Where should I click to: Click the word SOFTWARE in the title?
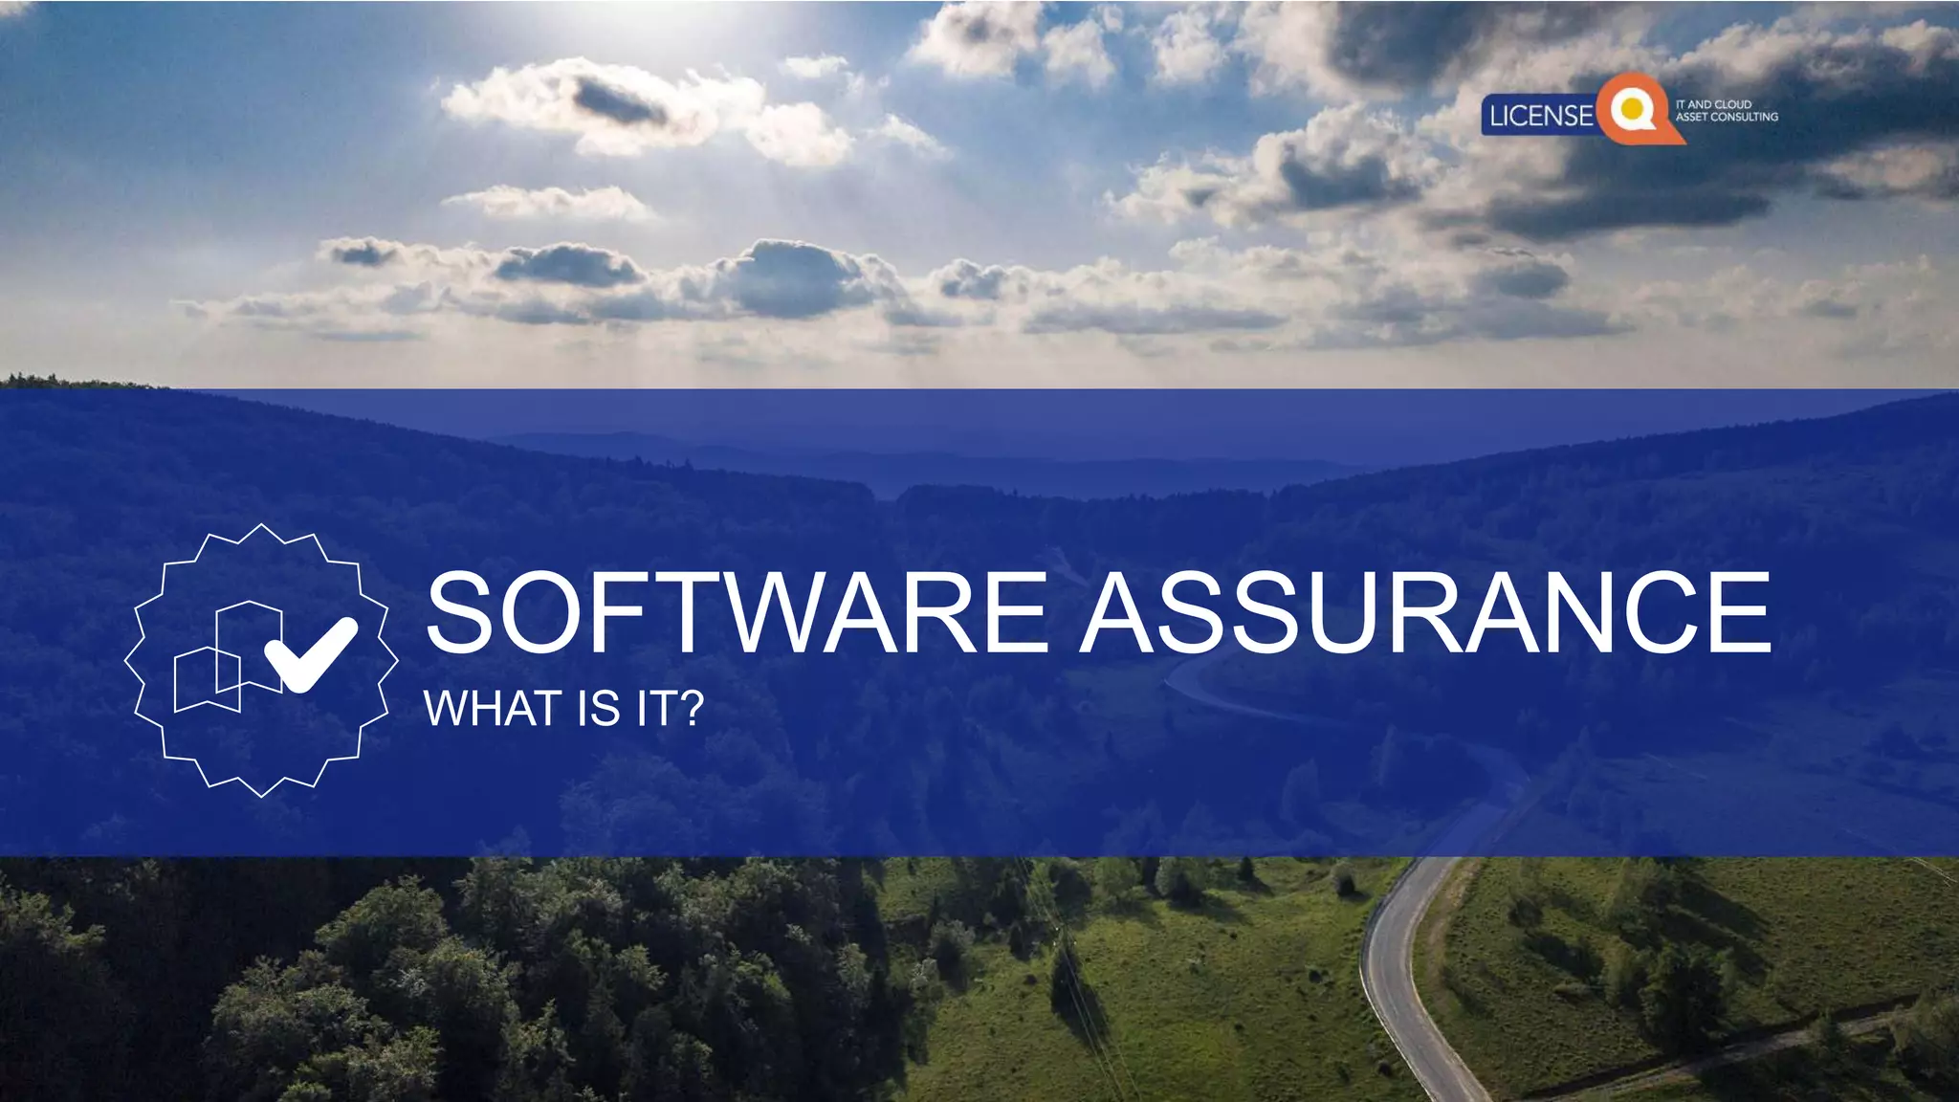pyautogui.click(x=737, y=612)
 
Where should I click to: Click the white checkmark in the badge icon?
pyautogui.click(x=310, y=653)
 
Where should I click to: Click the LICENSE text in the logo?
pyautogui.click(x=1541, y=116)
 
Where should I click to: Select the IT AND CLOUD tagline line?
pyautogui.click(x=1713, y=104)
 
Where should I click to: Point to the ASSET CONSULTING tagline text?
pyautogui.click(x=1727, y=117)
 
